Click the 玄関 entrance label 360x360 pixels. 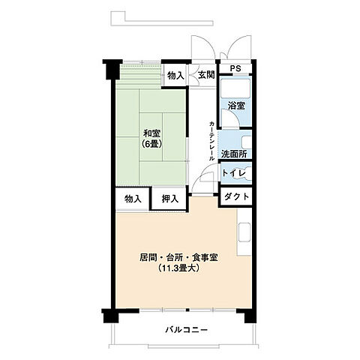pyautogui.click(x=205, y=74)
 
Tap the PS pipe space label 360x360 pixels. pyautogui.click(x=235, y=69)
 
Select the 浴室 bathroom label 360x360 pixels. pyautogui.click(x=235, y=106)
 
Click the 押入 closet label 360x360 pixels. pyautogui.click(x=170, y=199)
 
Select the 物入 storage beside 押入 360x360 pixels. pyautogui.click(x=133, y=199)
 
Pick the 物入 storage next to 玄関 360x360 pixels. pyautogui.click(x=175, y=75)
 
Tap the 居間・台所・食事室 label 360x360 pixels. pyautogui.click(x=178, y=257)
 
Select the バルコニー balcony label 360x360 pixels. pyautogui.click(x=183, y=330)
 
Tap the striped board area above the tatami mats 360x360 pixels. pyautogui.click(x=139, y=76)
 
